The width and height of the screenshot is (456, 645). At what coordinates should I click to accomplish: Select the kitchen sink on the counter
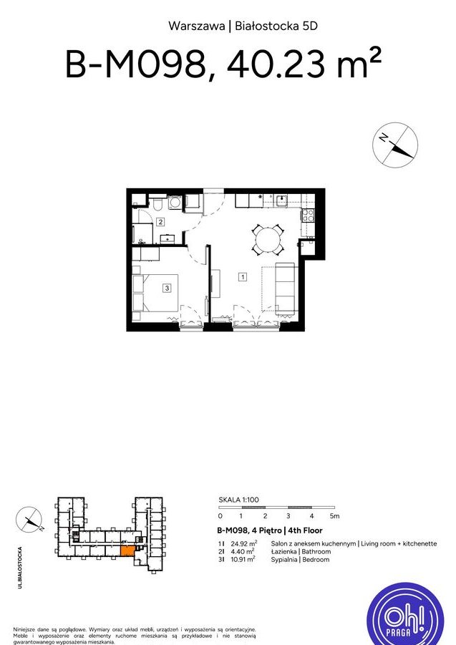(281, 200)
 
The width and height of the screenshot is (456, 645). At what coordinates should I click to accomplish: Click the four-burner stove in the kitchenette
(308, 215)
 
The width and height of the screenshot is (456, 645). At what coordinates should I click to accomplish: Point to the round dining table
(268, 239)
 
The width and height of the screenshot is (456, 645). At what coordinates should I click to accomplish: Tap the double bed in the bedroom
(155, 293)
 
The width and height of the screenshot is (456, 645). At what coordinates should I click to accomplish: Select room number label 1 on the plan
(243, 277)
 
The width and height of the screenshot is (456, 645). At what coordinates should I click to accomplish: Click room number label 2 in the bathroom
(161, 222)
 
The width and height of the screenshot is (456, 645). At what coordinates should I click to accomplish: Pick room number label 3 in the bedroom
(167, 288)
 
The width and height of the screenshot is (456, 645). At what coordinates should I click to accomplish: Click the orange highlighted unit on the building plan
(127, 551)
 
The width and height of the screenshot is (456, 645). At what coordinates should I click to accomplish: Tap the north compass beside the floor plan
(395, 145)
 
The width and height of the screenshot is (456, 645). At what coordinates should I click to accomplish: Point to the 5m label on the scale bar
(335, 515)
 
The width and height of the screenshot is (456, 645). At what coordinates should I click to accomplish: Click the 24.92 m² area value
(244, 543)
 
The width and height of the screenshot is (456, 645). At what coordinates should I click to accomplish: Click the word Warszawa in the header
(197, 26)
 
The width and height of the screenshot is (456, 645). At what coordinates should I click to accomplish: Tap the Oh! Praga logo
(405, 614)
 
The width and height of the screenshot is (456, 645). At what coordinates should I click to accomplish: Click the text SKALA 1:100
(238, 500)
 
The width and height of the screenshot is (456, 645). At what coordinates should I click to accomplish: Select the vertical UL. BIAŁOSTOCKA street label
(20, 567)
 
